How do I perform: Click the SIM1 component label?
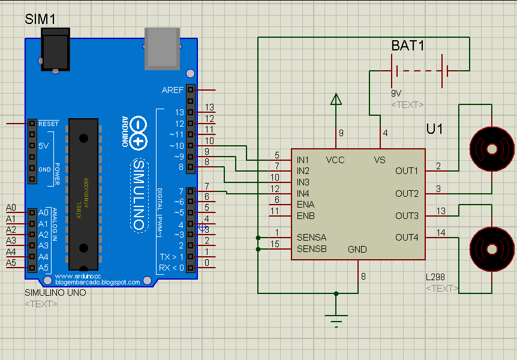coord(40,19)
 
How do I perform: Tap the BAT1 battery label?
coord(408,46)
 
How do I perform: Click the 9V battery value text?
coord(396,94)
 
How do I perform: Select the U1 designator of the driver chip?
coord(435,129)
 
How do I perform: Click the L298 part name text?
coord(436,277)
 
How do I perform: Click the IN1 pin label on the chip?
coord(303,160)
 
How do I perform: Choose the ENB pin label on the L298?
coord(305,215)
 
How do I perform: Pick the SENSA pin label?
coord(311,238)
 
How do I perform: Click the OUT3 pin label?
coord(407,215)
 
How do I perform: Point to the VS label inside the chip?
coord(380,160)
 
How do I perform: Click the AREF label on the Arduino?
coord(173,90)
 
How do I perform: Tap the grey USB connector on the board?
coord(163,47)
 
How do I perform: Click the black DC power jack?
coord(56,52)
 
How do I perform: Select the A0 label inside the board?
coord(43,213)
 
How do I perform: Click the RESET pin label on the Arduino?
coord(49,124)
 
